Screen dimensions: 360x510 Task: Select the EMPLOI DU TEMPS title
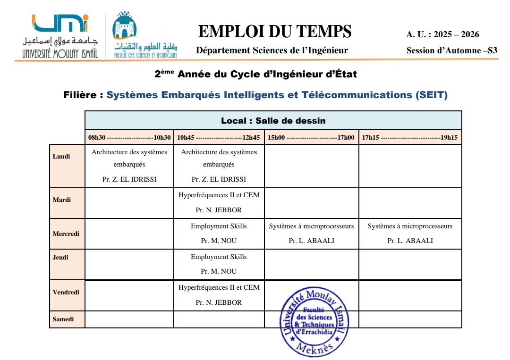click(x=275, y=32)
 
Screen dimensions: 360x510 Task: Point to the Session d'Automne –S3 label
click(x=451, y=50)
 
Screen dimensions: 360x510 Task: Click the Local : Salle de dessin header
click(x=273, y=121)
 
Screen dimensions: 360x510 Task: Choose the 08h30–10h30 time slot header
click(x=129, y=137)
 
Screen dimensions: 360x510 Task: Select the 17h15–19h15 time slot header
click(x=410, y=137)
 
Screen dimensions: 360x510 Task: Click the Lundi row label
click(x=61, y=157)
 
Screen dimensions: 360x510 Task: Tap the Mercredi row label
click(x=66, y=234)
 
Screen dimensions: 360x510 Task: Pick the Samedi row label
click(x=63, y=319)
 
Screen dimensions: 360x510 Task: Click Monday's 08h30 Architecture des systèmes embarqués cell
click(x=129, y=166)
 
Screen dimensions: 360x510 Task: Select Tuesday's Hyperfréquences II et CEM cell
click(x=219, y=202)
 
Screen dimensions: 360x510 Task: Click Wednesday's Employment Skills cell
click(x=219, y=234)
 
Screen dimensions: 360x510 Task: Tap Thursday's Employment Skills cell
click(x=219, y=264)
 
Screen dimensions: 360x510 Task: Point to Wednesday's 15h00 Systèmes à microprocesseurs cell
click(x=311, y=234)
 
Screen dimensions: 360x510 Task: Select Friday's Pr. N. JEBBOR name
click(x=219, y=302)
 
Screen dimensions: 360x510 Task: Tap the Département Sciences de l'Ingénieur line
click(x=272, y=50)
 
